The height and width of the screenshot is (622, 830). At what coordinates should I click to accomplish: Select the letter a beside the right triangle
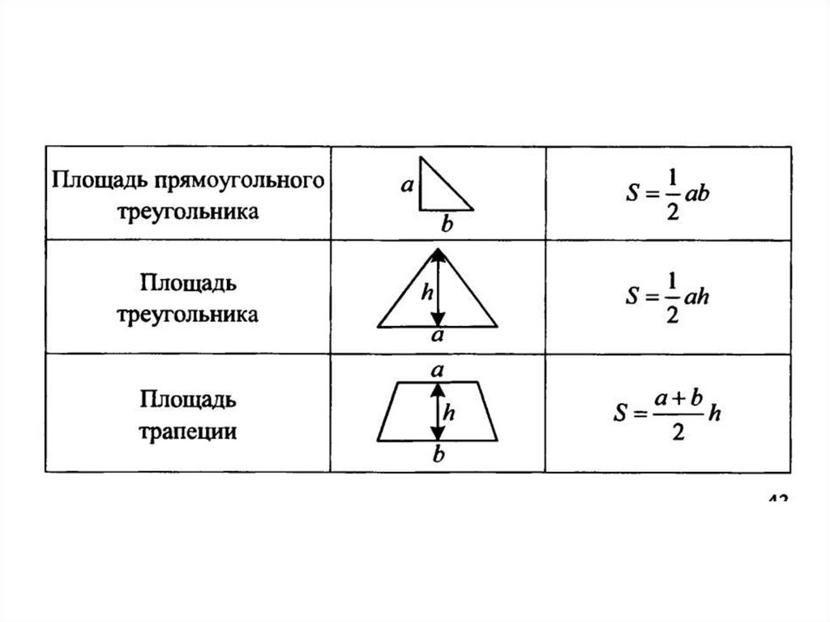(408, 185)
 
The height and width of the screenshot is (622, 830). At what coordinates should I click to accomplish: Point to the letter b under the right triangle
(444, 221)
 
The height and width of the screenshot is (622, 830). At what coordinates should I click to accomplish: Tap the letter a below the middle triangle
(438, 337)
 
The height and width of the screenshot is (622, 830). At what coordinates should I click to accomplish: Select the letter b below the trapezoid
(439, 456)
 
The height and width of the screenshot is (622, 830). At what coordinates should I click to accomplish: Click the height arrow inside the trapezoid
(438, 412)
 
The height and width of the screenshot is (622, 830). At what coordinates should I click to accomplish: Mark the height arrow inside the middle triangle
(439, 288)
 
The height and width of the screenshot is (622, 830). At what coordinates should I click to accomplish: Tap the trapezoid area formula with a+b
(667, 414)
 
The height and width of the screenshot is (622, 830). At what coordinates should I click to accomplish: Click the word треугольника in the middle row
(188, 314)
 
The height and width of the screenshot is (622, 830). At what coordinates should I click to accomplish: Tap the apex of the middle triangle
(439, 249)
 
